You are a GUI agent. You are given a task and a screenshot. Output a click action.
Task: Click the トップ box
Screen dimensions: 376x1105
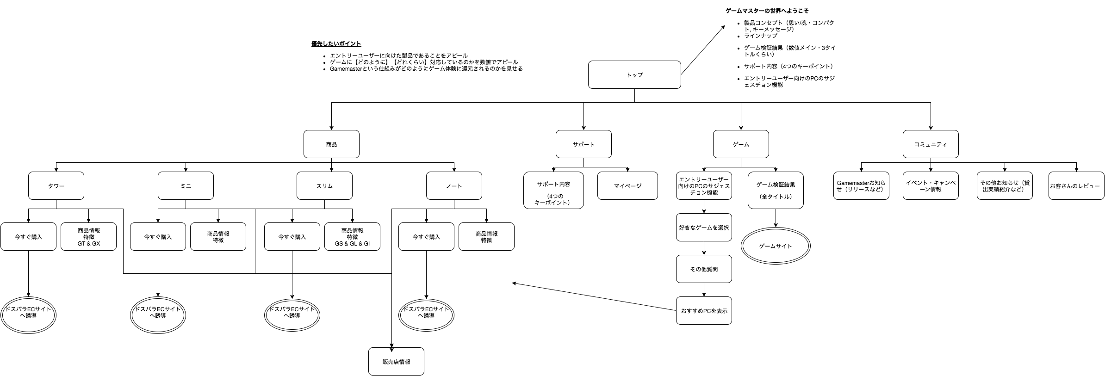pyautogui.click(x=634, y=74)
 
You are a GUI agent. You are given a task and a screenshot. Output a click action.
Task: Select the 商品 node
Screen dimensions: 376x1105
pyautogui.click(x=331, y=144)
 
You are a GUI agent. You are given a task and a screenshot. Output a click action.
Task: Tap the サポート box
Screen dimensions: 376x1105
pyautogui.click(x=583, y=144)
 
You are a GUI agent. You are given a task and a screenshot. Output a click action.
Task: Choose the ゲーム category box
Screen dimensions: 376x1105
pyautogui.click(x=740, y=144)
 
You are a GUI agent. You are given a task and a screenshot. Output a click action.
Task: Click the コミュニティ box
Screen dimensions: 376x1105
pyautogui.click(x=930, y=144)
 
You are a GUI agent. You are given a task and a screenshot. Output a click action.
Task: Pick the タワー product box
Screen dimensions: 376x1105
pyautogui.click(x=56, y=185)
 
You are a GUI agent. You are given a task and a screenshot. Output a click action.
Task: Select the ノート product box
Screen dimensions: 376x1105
pyautogui.click(x=453, y=185)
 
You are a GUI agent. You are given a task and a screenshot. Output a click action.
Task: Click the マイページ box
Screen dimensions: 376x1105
pyautogui.click(x=627, y=185)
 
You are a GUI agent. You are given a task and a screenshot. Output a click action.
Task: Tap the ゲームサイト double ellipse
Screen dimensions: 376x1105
pyautogui.click(x=776, y=246)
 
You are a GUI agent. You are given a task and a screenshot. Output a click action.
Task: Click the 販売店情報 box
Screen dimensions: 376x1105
pyautogui.click(x=396, y=361)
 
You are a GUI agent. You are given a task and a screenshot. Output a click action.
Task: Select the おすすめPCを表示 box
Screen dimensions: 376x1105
pyautogui.click(x=703, y=310)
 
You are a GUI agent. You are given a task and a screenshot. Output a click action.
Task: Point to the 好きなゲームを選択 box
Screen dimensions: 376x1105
pyautogui.click(x=703, y=227)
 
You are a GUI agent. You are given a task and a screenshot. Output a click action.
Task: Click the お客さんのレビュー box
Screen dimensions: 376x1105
pyautogui.click(x=1076, y=185)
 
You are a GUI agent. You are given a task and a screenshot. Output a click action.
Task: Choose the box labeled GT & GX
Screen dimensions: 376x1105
pyautogui.click(x=88, y=236)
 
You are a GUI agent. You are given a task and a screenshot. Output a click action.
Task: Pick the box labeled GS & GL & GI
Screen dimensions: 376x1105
pyautogui.click(x=352, y=236)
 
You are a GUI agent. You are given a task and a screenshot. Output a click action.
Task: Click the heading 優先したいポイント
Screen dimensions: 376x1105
pyautogui.click(x=336, y=44)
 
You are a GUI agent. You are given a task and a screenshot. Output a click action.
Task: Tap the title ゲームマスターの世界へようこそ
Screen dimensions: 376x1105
pyautogui.click(x=767, y=11)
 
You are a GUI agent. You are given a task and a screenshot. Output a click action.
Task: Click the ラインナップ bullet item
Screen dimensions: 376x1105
pyautogui.click(x=760, y=36)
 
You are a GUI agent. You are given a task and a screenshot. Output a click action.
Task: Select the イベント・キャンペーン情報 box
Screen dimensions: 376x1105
pyautogui.click(x=930, y=185)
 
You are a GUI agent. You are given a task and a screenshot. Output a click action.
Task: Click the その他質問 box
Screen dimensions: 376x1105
pyautogui.click(x=703, y=269)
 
